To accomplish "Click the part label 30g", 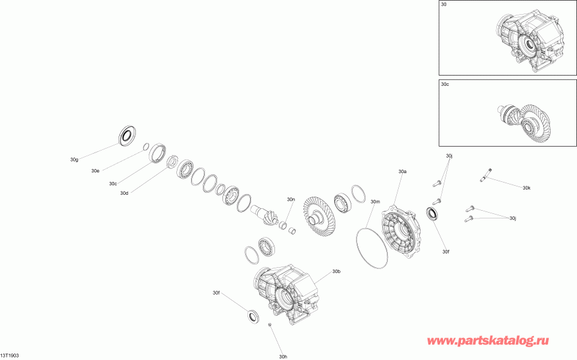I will tap(74, 159).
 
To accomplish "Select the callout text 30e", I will tap(95, 171).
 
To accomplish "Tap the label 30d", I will tap(124, 193).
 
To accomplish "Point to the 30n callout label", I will tap(291, 200).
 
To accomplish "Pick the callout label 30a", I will tap(403, 172).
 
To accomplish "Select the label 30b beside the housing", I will tap(337, 272).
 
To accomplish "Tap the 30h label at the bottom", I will tap(283, 356).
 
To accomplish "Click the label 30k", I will tap(526, 188).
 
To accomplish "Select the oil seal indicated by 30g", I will tap(128, 135).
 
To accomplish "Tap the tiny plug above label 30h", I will tap(271, 327).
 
